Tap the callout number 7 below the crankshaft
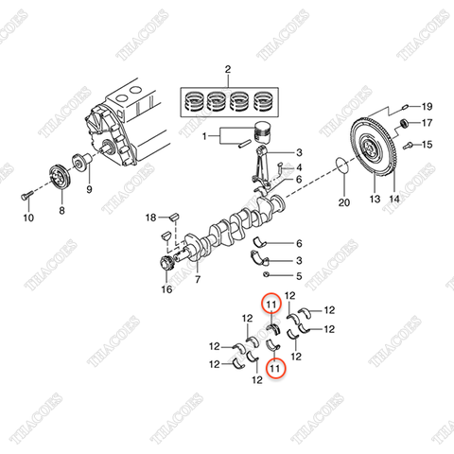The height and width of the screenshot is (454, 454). pos(198,281)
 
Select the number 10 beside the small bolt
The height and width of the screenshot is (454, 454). pos(27,218)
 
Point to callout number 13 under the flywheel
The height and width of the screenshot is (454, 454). pos(374,201)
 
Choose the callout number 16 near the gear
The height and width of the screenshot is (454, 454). pos(166,290)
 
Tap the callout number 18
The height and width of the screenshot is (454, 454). pos(149,218)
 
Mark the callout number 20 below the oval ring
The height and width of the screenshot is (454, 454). pos(344,202)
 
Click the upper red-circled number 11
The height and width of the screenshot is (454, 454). pos(271,305)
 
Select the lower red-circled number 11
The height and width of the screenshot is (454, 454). pos(274,367)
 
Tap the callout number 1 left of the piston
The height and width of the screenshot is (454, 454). pos(204,136)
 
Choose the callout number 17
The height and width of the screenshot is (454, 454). pos(427,124)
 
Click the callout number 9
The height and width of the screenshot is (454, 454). pos(90,189)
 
